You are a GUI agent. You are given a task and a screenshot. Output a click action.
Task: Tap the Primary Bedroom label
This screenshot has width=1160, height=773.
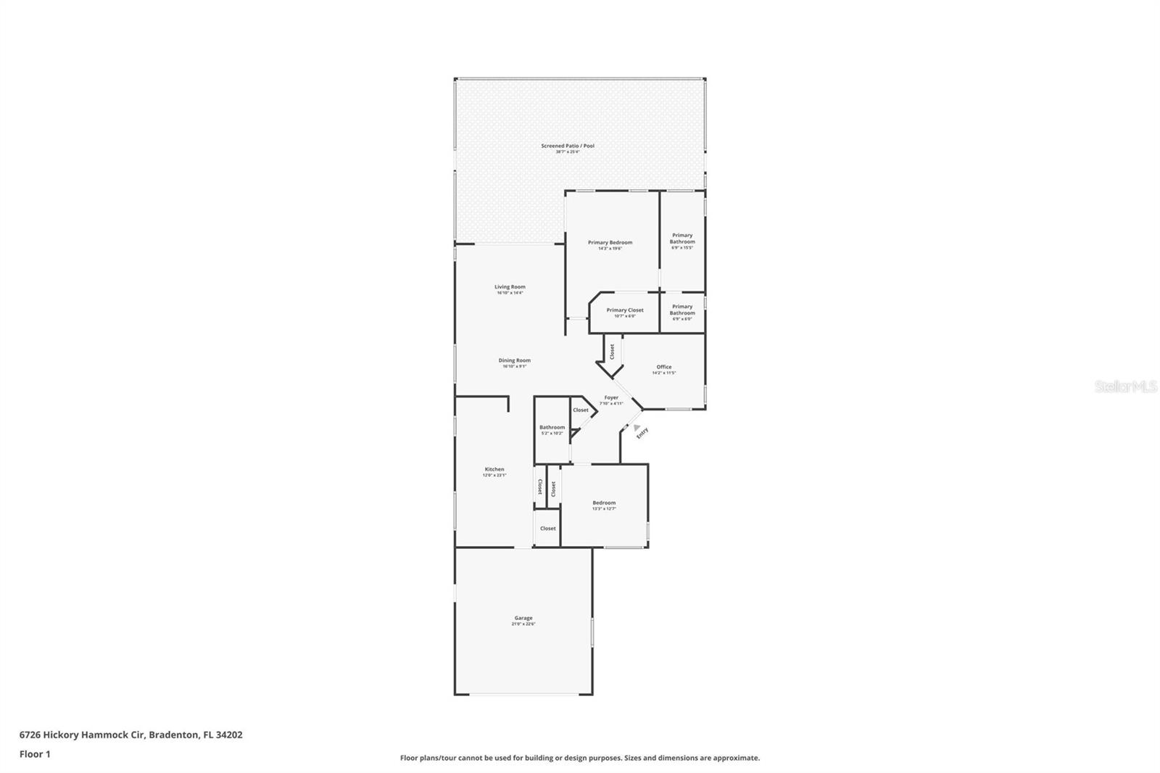[x=610, y=242]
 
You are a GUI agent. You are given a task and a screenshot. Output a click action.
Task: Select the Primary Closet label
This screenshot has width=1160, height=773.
[x=624, y=310]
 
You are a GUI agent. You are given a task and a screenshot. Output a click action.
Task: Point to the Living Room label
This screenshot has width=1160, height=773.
[x=510, y=286]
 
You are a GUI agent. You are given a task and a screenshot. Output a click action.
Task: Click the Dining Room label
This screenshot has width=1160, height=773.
[x=514, y=360]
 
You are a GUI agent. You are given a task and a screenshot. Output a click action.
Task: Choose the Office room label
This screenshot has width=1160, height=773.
[x=663, y=366]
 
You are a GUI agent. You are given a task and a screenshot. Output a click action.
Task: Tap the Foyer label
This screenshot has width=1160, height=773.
[x=611, y=397]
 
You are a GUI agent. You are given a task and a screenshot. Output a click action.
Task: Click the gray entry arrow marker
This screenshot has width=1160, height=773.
[x=637, y=428]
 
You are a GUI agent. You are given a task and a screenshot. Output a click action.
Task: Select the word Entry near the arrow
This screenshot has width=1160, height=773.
[x=642, y=433]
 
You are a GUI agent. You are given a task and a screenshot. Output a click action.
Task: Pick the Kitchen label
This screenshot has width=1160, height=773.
[x=494, y=468]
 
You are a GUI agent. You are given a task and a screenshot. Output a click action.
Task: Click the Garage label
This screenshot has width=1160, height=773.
[x=523, y=618]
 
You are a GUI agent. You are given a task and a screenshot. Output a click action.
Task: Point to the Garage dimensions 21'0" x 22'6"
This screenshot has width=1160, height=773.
[x=523, y=624]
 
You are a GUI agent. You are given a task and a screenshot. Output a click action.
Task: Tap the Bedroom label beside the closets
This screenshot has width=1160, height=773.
[x=603, y=503]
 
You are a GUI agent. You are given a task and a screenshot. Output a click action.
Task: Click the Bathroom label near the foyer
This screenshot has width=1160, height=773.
[x=552, y=427]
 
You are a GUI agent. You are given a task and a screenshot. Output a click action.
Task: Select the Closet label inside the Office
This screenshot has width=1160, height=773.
[x=612, y=351]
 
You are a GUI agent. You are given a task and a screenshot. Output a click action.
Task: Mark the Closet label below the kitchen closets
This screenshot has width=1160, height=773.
[x=547, y=528]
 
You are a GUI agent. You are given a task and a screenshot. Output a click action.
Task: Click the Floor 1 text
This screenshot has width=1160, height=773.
[x=35, y=754]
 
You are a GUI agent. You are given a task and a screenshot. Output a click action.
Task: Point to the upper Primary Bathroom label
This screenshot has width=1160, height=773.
[x=681, y=238]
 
